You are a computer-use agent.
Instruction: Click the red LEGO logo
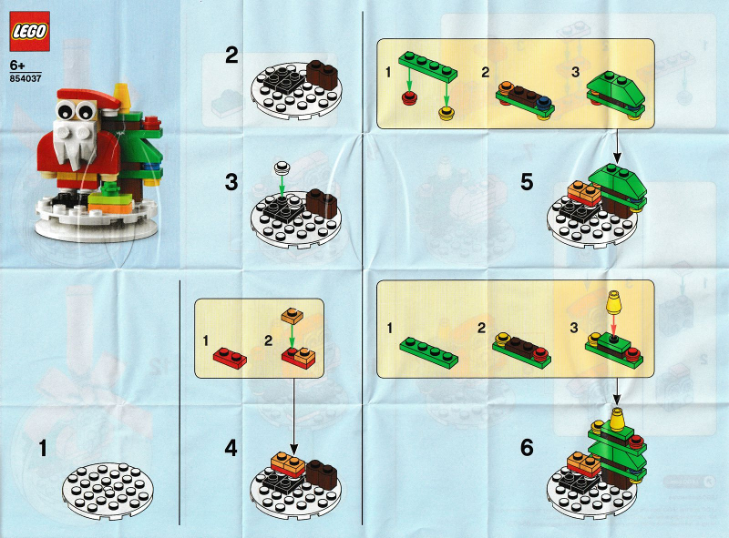[29, 31]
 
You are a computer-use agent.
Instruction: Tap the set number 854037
[26, 78]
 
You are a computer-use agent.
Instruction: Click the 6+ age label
[17, 66]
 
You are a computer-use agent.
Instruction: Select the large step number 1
[43, 448]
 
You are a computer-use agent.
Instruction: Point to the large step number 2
[231, 56]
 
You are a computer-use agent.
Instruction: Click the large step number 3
[231, 182]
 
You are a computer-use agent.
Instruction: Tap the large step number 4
[231, 448]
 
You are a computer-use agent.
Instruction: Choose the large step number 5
[527, 182]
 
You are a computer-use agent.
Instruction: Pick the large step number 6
[527, 448]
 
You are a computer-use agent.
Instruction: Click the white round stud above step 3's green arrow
[282, 167]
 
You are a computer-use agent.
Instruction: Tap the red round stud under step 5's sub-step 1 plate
[408, 98]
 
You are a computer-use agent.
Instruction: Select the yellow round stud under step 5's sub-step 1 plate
[446, 113]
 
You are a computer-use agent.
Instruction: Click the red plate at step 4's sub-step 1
[231, 358]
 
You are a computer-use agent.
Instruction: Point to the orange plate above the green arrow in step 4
[292, 316]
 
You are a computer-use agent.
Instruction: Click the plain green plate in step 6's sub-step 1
[428, 352]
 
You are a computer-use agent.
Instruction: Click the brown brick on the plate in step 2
[322, 75]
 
